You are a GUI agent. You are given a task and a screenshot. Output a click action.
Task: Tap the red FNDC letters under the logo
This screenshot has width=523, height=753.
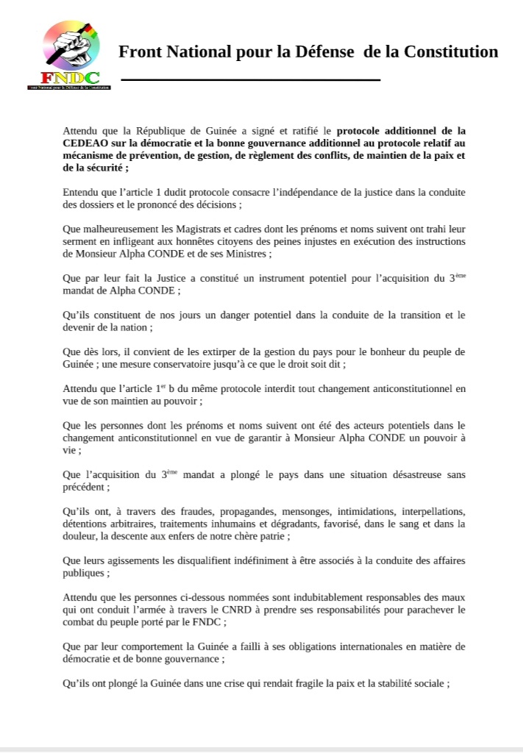pyautogui.click(x=70, y=77)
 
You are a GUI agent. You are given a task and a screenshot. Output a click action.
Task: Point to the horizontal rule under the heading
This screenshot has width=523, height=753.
pyautogui.click(x=250, y=79)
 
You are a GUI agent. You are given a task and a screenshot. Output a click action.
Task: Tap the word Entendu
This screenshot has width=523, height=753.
pyautogui.click(x=83, y=193)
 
